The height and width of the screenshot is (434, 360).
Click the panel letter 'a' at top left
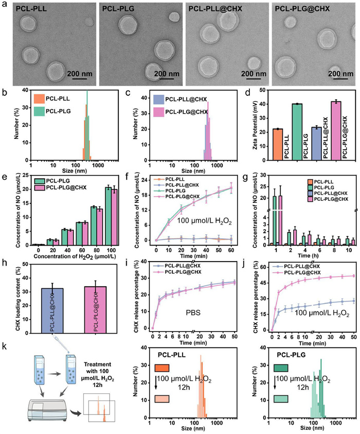[5, 5]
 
